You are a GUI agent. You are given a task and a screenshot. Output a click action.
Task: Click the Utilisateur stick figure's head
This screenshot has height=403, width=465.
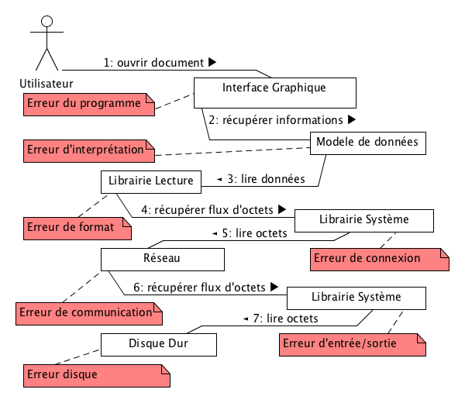point(46,22)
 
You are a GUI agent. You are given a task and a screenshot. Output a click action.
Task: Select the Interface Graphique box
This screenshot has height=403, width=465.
point(274,92)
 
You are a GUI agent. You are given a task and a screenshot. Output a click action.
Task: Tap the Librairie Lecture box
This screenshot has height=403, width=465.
point(151,181)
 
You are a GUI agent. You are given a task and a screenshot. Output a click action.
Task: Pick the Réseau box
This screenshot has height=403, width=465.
point(163,258)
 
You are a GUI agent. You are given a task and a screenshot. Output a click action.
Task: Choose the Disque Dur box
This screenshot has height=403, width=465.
point(158,343)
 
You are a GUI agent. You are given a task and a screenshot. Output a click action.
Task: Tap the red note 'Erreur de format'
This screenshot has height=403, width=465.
point(76,227)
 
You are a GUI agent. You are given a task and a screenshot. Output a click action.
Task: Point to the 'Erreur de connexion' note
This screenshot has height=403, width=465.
point(379,259)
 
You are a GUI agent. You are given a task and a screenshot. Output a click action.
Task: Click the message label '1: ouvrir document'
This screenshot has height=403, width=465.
point(154,62)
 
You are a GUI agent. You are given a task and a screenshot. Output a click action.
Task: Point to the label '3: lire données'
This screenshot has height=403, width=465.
point(264,179)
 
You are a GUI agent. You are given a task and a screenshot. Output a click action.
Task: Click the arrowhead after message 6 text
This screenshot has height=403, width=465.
point(273,287)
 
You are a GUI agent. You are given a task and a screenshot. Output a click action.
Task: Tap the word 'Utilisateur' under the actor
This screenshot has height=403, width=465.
point(46,82)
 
